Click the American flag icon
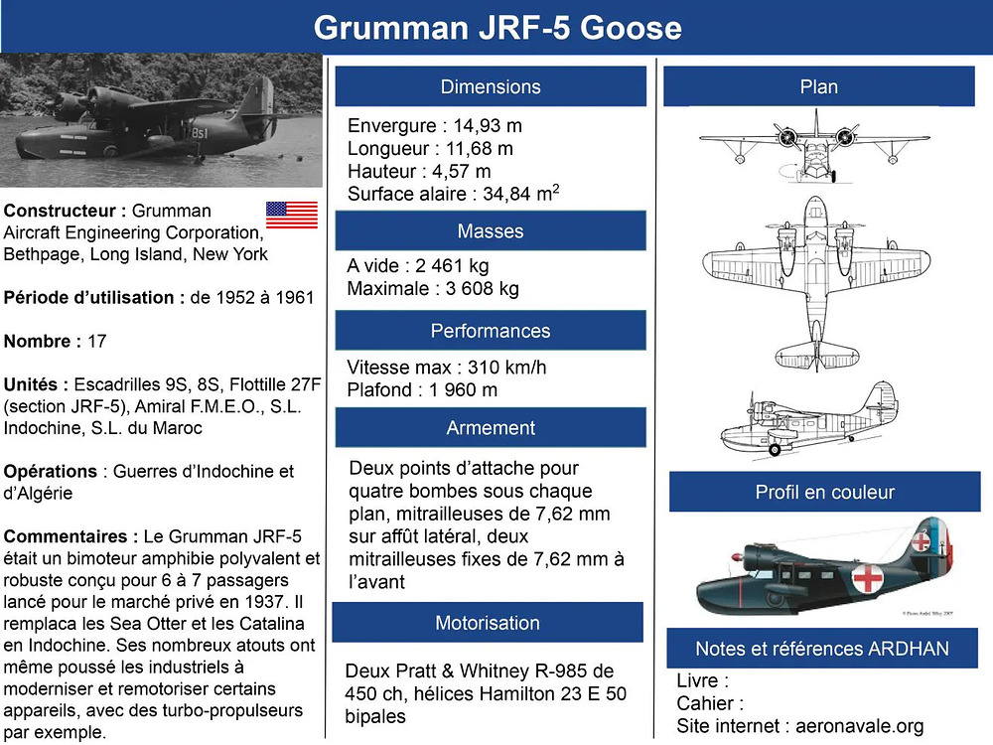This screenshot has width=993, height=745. coord(292,215)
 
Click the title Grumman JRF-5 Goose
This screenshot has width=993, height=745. coord(497,28)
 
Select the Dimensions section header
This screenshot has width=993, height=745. coord(491,86)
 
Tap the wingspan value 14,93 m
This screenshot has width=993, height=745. coord(488,125)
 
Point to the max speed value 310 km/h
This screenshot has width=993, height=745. coord(506,368)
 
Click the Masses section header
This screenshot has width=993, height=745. coord(491,231)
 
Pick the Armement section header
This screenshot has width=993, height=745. coord(491,427)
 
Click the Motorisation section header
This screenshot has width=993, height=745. coord(488,623)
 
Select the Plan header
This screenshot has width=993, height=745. coord(819,86)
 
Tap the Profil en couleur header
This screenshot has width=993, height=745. coord(824,492)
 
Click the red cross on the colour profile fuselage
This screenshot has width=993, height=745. coord(868,578)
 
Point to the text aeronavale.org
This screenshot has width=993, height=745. coord(859,726)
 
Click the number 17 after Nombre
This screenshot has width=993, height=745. coord(96,342)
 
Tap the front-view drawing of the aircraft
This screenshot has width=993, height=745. coord(814,146)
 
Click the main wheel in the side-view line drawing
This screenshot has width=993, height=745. coord(774,449)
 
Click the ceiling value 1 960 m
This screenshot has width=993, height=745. coord(463,390)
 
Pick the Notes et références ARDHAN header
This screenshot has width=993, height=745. coord(822,648)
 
